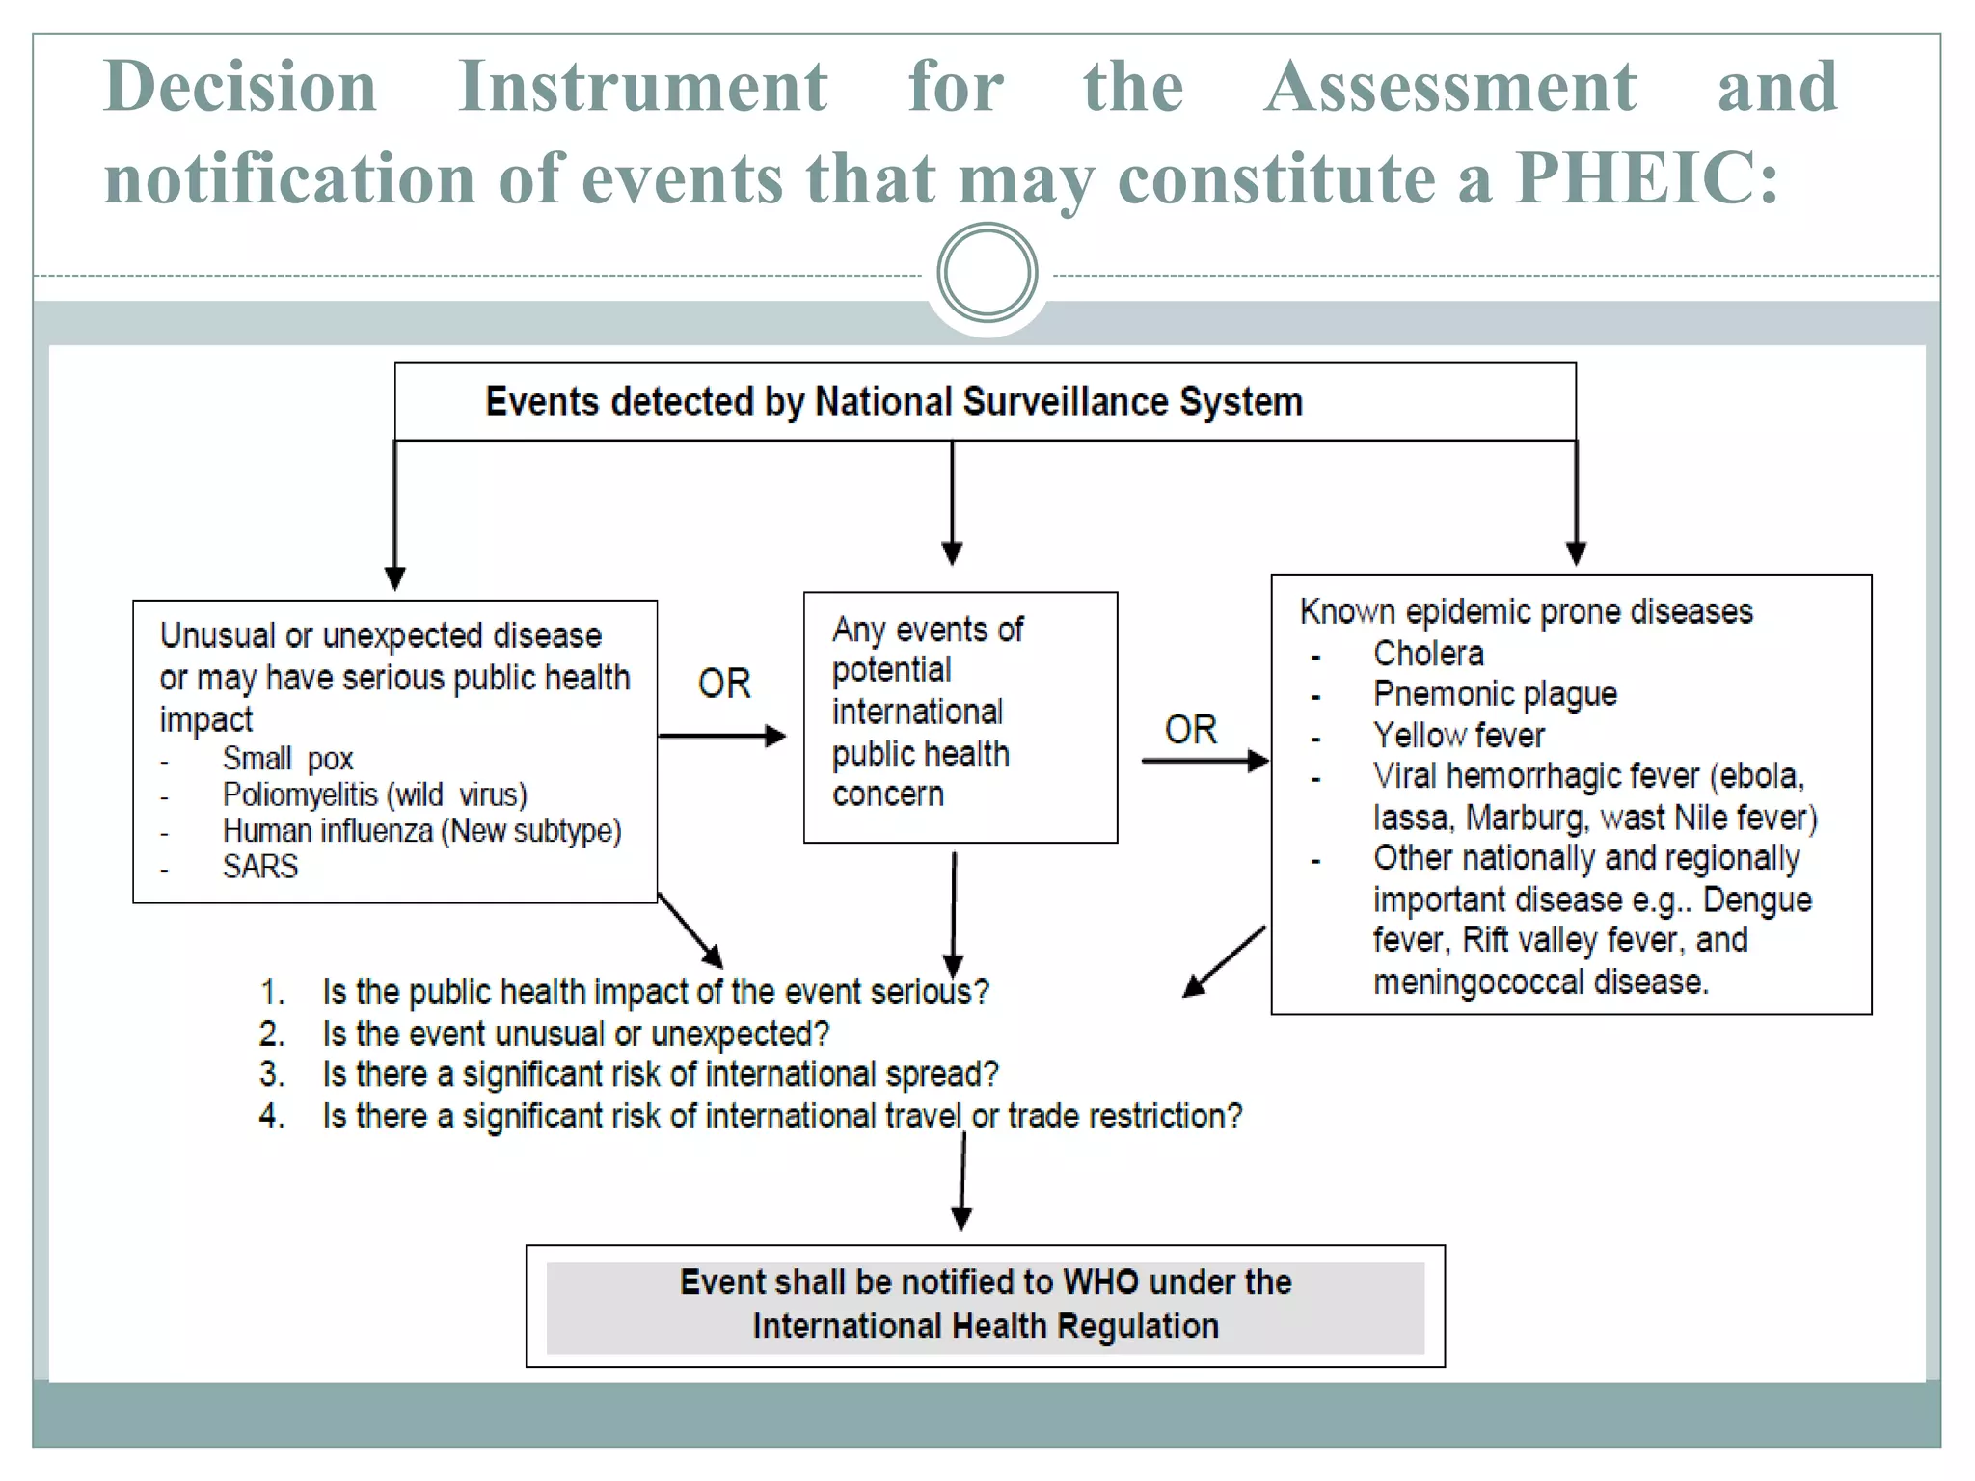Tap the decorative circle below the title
point(987,273)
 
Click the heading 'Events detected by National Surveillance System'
point(893,402)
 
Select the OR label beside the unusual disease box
point(724,684)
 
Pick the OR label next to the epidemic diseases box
point(1191,730)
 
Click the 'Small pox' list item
point(287,759)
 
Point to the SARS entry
point(260,867)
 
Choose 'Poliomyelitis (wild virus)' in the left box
point(374,795)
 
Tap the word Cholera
point(1428,654)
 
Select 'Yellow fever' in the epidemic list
point(1458,736)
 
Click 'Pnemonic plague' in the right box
point(1495,694)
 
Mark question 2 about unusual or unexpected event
point(576,1034)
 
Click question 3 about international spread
point(660,1074)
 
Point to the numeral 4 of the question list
point(271,1116)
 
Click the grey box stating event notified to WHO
point(985,1306)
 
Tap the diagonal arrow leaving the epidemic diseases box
point(1223,962)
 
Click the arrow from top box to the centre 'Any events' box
point(952,501)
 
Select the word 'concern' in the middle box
point(887,794)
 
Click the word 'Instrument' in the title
point(642,87)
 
